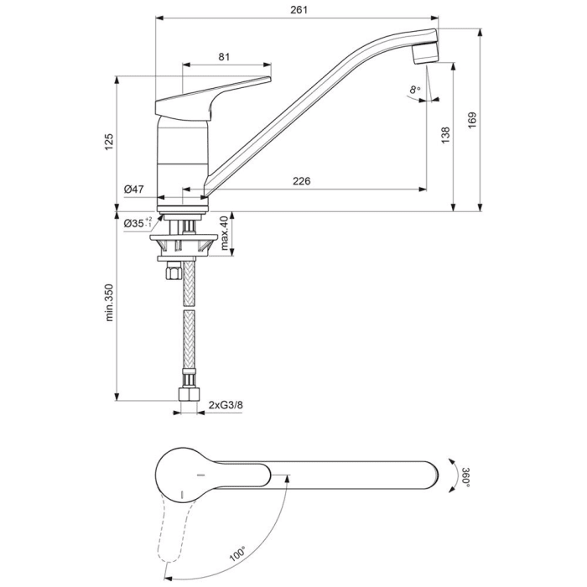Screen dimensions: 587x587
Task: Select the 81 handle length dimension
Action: [224, 57]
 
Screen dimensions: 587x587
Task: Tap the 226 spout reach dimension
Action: [303, 182]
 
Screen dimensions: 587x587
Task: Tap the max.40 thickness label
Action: [223, 234]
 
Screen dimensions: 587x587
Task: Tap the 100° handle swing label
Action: [237, 553]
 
